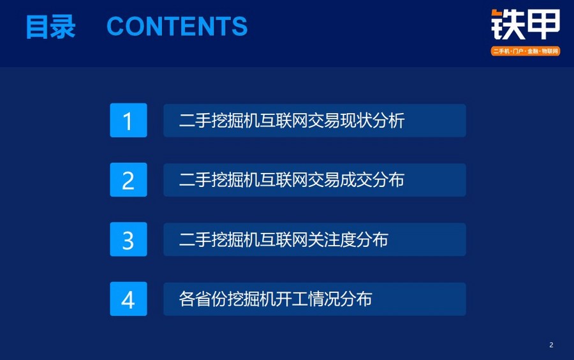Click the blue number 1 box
(128, 120)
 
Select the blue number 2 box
(128, 180)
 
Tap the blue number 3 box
(128, 239)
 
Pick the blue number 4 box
(128, 299)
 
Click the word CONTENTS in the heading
(177, 26)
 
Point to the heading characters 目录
(50, 26)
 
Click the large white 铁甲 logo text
(526, 24)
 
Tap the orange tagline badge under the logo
(526, 51)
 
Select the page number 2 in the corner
(551, 345)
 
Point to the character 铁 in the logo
(508, 24)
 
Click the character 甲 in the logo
(543, 24)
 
